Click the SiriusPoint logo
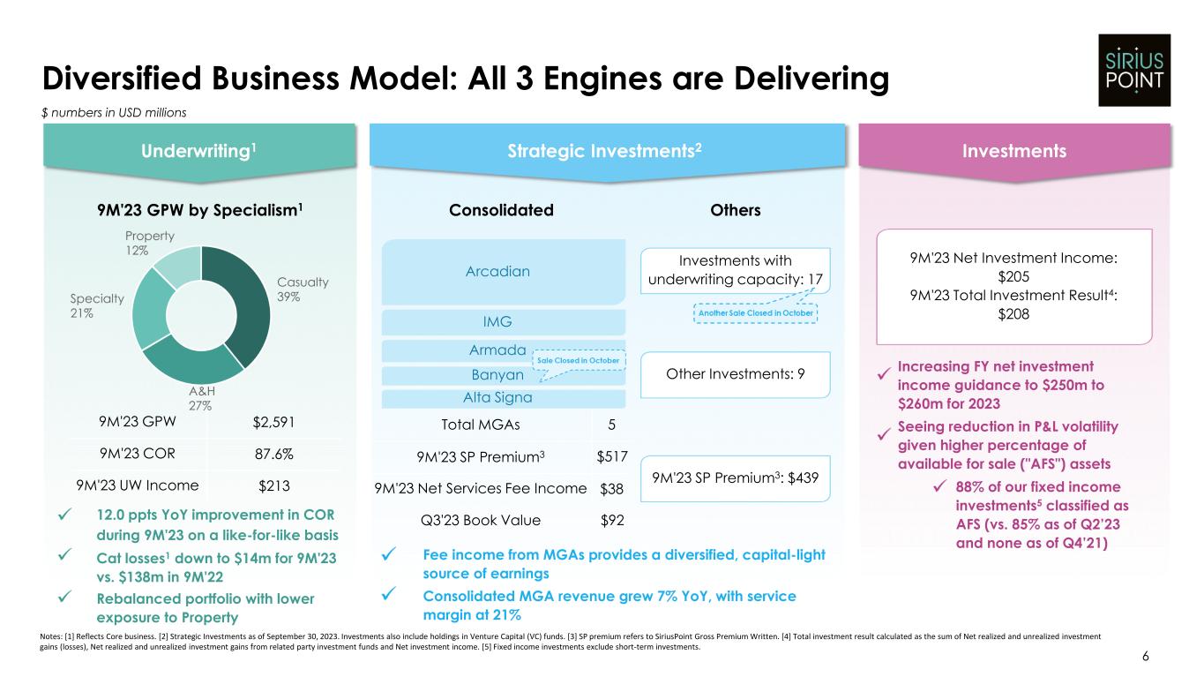(1133, 70)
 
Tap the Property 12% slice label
(149, 244)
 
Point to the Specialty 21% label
(94, 305)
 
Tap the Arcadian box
(499, 271)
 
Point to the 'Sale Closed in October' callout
(580, 361)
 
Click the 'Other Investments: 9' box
(736, 374)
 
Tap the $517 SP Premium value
(610, 456)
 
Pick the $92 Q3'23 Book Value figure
(611, 520)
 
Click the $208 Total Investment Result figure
(1013, 314)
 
